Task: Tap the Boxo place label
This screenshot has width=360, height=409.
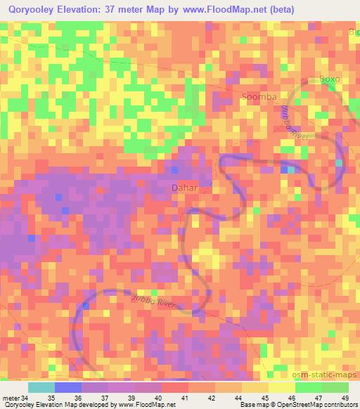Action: pos(330,79)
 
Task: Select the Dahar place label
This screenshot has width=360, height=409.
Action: pos(185,188)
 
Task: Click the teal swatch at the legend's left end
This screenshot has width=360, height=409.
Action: pos(41,387)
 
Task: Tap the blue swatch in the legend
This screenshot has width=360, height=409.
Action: pos(68,387)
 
